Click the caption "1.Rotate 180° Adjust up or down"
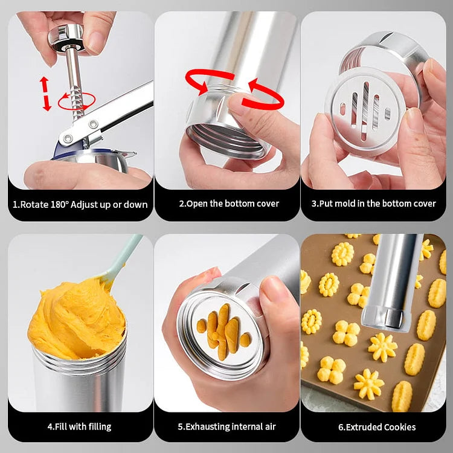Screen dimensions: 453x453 tap(80, 204)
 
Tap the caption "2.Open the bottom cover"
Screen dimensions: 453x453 tap(229, 204)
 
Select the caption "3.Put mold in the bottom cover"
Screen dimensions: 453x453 tap(373, 204)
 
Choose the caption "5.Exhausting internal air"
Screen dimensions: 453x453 tap(228, 426)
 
